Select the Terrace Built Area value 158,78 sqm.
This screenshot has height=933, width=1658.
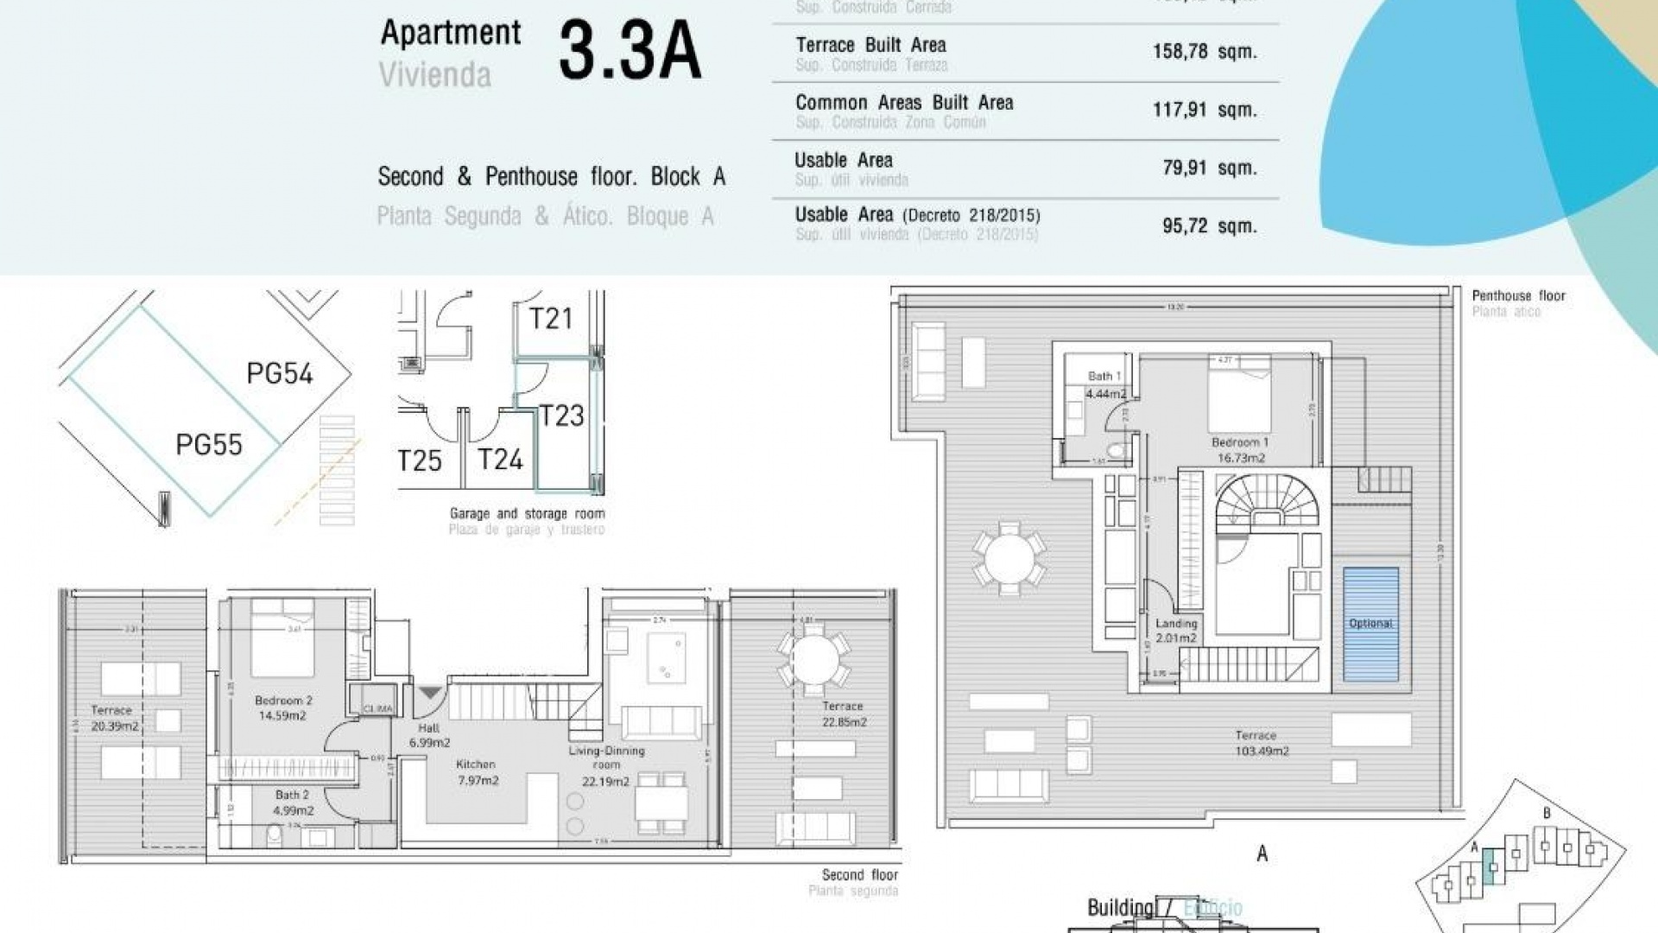(x=1204, y=52)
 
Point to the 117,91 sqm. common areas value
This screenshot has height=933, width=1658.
(x=1204, y=111)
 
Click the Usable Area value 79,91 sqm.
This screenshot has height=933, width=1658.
(x=1209, y=168)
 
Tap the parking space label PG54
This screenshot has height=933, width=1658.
(x=279, y=374)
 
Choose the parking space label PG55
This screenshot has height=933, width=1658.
(x=209, y=445)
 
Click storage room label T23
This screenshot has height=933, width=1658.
(x=561, y=416)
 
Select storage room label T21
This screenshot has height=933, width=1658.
(x=551, y=319)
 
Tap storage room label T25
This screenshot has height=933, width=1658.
(x=420, y=460)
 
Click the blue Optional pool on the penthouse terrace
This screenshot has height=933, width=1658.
(x=1370, y=624)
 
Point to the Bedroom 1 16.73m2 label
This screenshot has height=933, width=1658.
(x=1241, y=450)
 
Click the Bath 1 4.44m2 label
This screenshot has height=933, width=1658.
(x=1105, y=385)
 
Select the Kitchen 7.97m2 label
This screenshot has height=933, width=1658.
(x=477, y=772)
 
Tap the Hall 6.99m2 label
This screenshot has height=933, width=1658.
(x=429, y=735)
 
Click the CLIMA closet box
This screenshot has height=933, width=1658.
(x=377, y=708)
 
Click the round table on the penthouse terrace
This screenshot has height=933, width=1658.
(x=1009, y=559)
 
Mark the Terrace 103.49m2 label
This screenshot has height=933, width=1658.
(x=1261, y=743)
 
